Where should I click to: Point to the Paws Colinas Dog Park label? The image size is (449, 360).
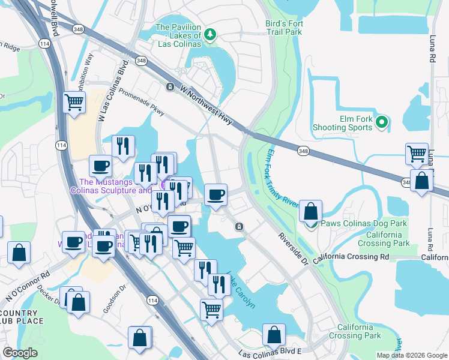click(x=363, y=223)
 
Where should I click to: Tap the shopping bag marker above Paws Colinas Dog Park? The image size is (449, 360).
click(x=310, y=212)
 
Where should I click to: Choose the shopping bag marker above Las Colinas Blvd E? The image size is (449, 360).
click(x=274, y=335)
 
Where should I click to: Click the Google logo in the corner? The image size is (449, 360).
click(x=20, y=352)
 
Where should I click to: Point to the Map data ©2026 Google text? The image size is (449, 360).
click(x=411, y=355)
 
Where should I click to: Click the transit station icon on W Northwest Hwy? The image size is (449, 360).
click(x=170, y=86)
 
